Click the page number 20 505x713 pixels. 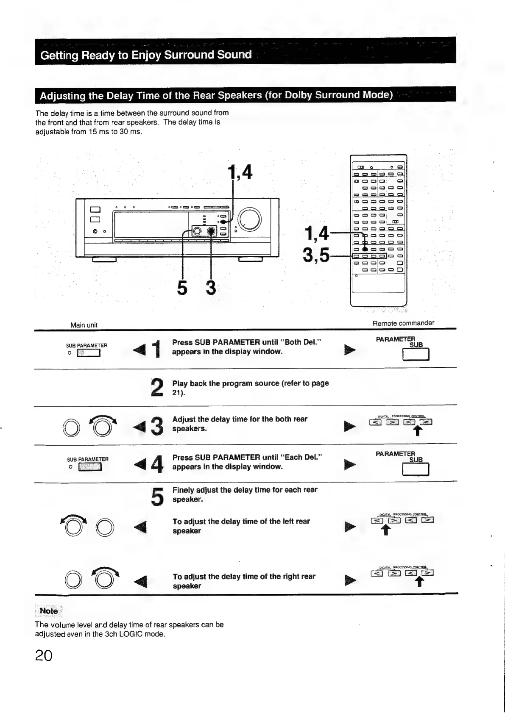[44, 655]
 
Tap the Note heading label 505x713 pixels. [49, 611]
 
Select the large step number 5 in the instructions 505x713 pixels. [157, 497]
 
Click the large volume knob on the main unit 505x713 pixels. [250, 220]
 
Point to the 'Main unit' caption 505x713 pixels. [84, 325]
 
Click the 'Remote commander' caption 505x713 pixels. [403, 323]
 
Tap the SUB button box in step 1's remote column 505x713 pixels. [416, 354]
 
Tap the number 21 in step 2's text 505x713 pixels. [177, 393]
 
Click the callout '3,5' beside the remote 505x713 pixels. [316, 255]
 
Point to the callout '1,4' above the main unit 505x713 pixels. [240, 172]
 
